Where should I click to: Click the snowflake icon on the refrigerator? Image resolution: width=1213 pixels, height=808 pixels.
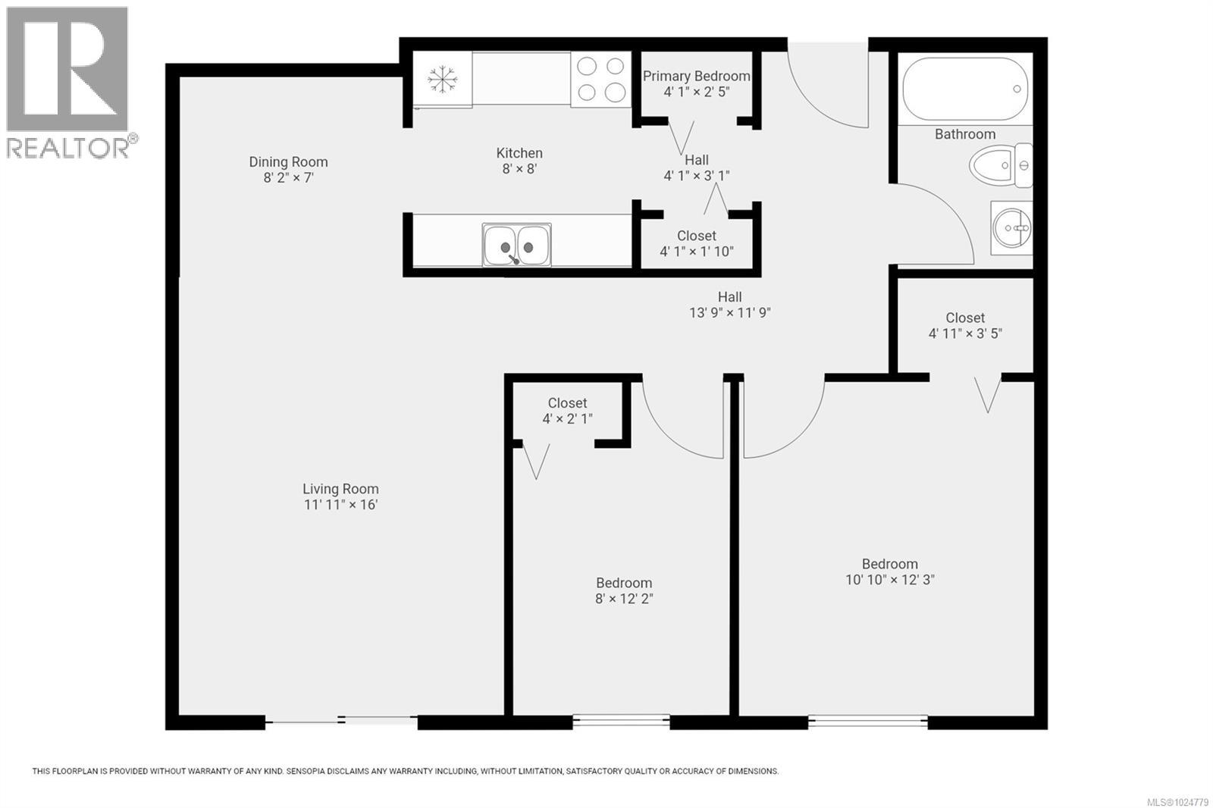click(442, 79)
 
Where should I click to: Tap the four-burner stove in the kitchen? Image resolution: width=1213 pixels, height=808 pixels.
click(600, 79)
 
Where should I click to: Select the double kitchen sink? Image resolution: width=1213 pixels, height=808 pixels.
click(517, 245)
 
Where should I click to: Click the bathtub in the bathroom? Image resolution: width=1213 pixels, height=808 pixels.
click(964, 89)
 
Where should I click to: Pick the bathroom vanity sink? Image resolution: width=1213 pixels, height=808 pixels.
click(1011, 227)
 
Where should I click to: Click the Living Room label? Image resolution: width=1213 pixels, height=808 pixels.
click(340, 489)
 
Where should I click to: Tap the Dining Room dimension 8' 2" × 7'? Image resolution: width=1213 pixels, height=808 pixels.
click(288, 178)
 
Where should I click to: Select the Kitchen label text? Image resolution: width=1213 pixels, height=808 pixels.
click(519, 153)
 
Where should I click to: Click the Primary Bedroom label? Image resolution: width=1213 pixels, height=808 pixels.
click(696, 76)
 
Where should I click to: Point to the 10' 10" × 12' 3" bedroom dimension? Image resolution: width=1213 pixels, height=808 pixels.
click(889, 580)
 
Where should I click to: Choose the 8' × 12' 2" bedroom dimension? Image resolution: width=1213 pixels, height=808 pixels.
click(623, 599)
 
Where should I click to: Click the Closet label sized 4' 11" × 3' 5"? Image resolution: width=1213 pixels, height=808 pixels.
click(965, 318)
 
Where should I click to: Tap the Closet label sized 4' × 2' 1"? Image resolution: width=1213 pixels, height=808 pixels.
click(567, 403)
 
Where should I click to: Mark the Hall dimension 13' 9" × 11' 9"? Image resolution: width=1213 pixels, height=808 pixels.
click(729, 313)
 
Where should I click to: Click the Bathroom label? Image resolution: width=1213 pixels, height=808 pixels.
click(964, 134)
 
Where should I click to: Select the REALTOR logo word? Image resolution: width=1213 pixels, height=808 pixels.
click(68, 148)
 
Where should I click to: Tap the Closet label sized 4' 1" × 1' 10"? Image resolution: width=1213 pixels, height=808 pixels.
click(696, 236)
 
